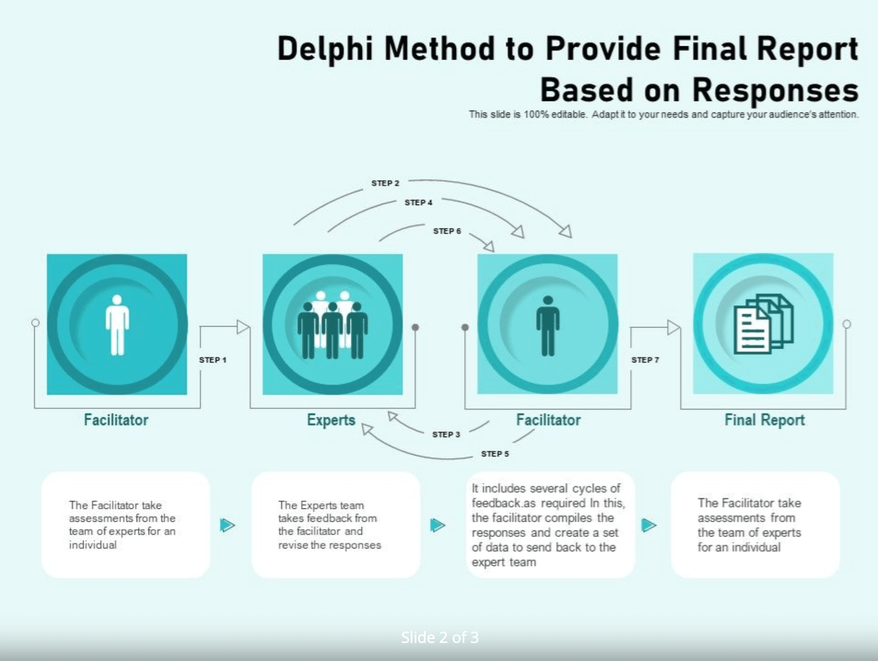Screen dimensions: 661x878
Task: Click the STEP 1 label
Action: tap(212, 360)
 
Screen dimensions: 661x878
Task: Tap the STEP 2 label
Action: tap(385, 183)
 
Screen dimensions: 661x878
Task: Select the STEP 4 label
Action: tap(418, 202)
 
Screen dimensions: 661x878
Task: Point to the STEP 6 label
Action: tap(447, 231)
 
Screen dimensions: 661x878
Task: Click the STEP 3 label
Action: tap(446, 434)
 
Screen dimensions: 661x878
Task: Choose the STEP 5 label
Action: tap(495, 454)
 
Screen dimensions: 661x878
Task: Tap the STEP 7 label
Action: tap(645, 360)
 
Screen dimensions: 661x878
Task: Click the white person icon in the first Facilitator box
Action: tap(117, 325)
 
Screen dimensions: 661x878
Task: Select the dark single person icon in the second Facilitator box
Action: tap(548, 326)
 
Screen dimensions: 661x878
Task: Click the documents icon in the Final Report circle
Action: tap(763, 324)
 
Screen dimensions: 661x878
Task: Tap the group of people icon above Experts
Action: tap(332, 325)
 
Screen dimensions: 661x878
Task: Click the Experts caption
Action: tap(331, 420)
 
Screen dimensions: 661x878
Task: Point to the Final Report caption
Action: tap(764, 420)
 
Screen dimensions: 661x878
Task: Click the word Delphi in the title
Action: tap(325, 49)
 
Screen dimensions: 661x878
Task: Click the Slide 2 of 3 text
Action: tap(439, 637)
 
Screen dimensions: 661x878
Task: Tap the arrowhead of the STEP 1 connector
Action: tap(243, 327)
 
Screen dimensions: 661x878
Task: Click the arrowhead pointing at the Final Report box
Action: tap(673, 327)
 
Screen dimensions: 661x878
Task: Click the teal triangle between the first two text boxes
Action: tap(227, 525)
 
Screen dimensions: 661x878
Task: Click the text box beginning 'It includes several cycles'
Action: tap(550, 525)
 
